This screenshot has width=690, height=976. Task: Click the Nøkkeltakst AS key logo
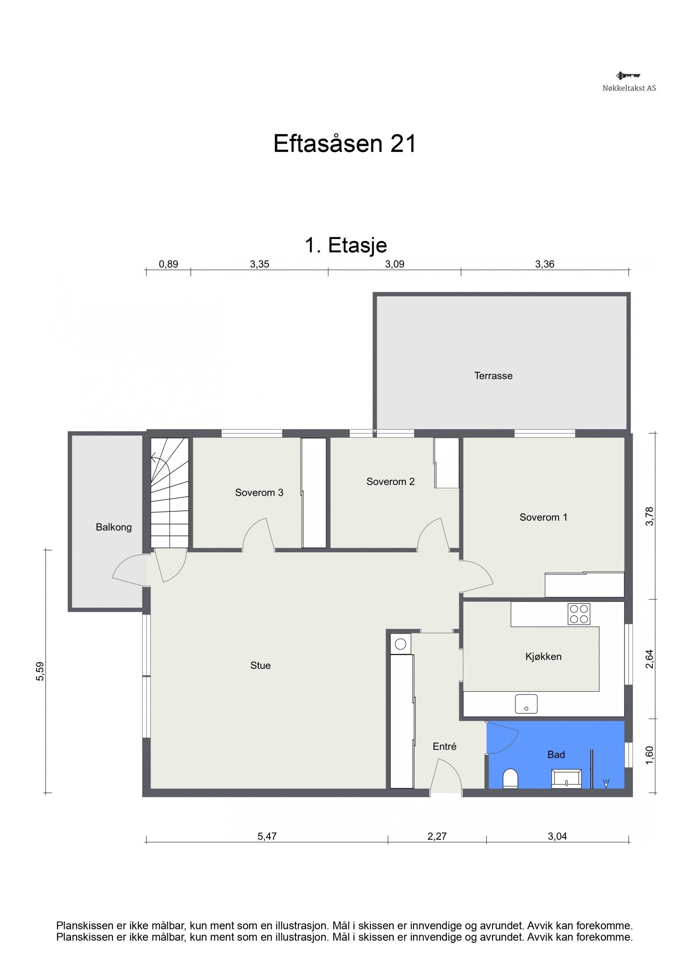[x=628, y=76]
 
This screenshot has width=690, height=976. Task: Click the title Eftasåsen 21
[x=345, y=144]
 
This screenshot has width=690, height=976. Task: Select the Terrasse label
[x=493, y=376]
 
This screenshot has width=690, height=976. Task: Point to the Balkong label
[x=113, y=527]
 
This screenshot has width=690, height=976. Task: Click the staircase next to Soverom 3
[x=169, y=493]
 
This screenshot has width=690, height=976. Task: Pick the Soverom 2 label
[x=390, y=482]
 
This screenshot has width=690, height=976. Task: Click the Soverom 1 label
[x=543, y=517]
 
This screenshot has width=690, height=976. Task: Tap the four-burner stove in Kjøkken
[x=579, y=614]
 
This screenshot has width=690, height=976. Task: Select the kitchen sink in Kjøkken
[x=526, y=703]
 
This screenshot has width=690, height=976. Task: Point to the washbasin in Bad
[x=566, y=779]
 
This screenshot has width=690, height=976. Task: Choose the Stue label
[x=260, y=665]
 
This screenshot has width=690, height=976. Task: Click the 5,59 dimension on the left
[x=40, y=672]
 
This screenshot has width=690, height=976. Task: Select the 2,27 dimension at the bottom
[x=437, y=837]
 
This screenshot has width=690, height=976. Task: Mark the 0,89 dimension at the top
[x=168, y=264]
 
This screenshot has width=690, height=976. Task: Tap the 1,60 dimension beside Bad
[x=649, y=755]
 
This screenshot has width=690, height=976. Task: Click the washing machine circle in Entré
[x=400, y=644]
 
